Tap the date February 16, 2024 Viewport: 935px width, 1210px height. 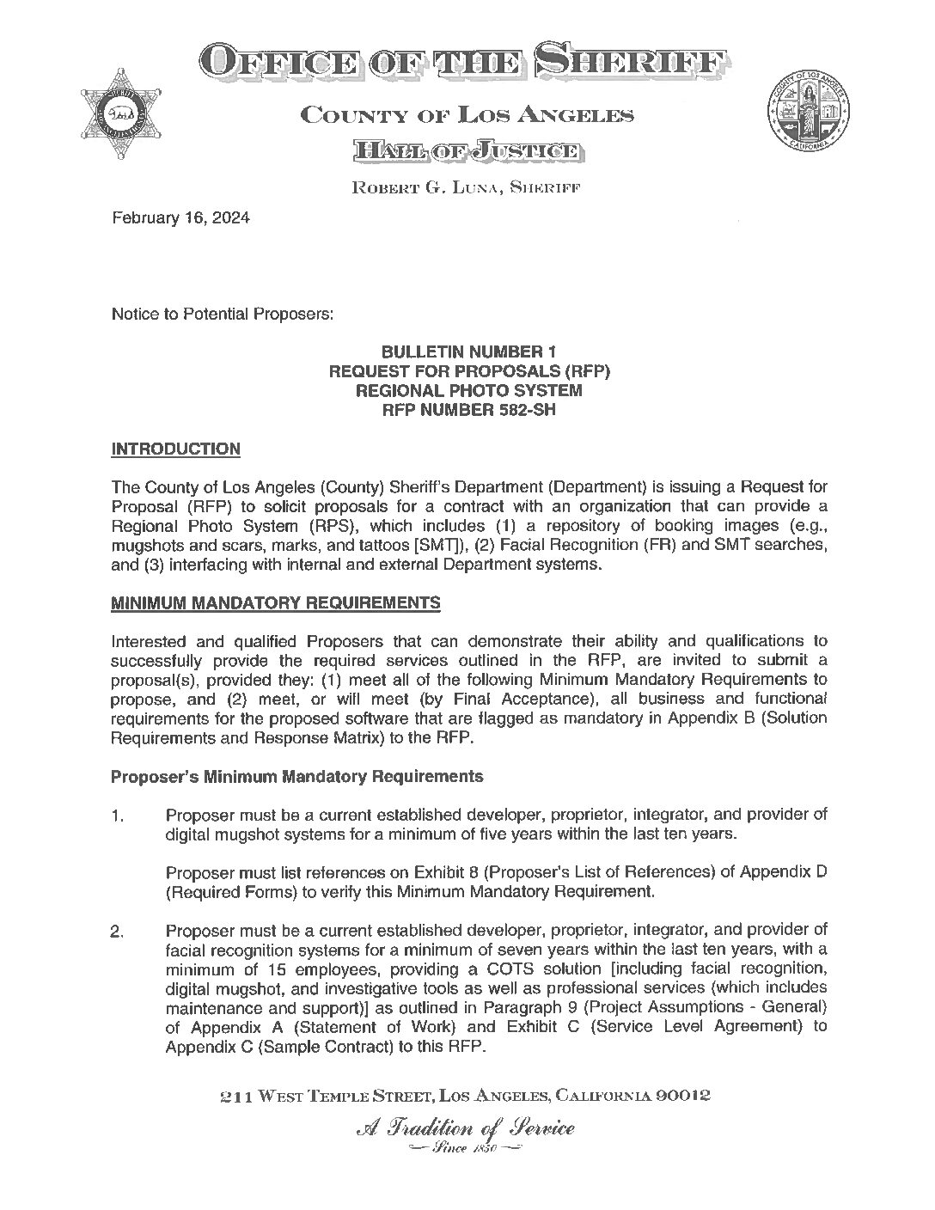[180, 218]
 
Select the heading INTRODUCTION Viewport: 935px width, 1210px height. [175, 449]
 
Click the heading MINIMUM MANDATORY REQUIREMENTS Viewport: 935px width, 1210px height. [276, 603]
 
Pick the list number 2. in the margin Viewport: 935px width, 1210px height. [119, 932]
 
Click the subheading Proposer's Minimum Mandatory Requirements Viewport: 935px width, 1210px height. [297, 777]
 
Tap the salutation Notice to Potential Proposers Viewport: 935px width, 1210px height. [222, 315]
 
